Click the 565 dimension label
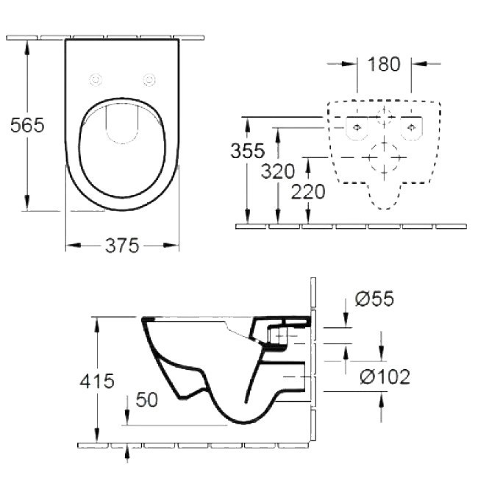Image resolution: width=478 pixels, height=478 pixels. (27, 125)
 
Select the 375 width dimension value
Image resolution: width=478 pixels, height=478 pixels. (122, 246)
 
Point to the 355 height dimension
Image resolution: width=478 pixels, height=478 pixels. (247, 151)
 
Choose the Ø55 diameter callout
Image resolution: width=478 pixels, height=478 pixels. (374, 299)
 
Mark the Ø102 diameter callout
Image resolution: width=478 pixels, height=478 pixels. (384, 377)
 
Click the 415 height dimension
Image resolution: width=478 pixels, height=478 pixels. (98, 381)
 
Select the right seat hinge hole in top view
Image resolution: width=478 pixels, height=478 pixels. (150, 79)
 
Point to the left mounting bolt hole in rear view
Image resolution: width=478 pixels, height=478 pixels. (357, 126)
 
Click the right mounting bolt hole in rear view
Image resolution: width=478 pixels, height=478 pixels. (411, 126)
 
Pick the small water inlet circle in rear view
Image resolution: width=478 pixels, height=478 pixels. (384, 115)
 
